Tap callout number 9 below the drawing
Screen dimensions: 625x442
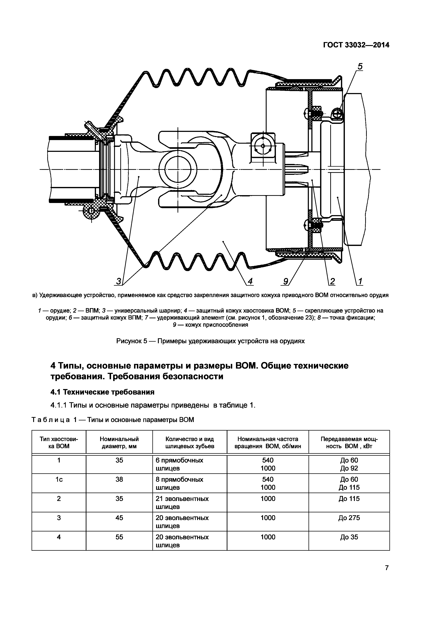(286, 281)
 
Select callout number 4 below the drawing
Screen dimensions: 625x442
(250, 281)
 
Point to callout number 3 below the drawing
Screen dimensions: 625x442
(119, 281)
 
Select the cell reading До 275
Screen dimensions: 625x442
(349, 518)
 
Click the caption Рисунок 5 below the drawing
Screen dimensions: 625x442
(210, 341)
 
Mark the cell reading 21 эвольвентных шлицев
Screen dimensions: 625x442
(182, 503)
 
